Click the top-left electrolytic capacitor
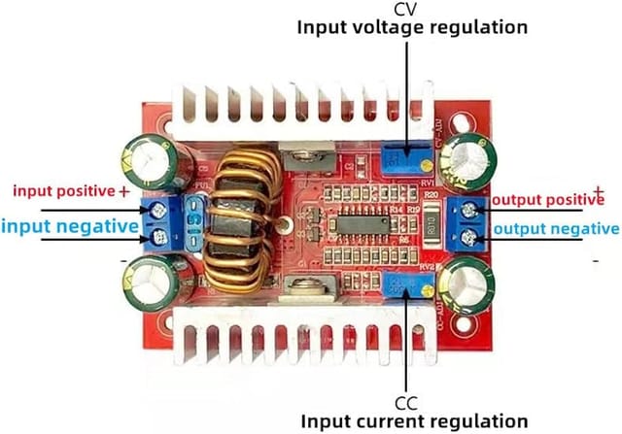[x=143, y=159]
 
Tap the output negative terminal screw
[x=471, y=236]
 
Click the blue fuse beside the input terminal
[x=191, y=222]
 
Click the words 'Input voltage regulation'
[x=412, y=28]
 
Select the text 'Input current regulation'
[x=413, y=420]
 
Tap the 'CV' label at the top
[x=405, y=9]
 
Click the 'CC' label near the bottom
[x=406, y=401]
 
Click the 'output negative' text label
[x=557, y=229]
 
